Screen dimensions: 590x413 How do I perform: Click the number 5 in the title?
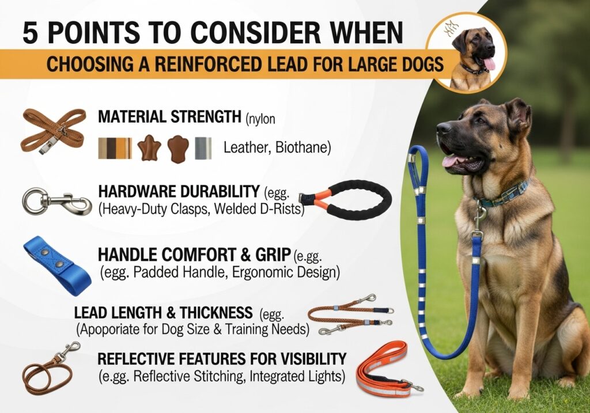tap(31, 33)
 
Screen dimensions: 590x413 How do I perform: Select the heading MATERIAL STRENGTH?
tap(169, 116)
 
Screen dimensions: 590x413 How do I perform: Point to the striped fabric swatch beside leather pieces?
tap(115, 148)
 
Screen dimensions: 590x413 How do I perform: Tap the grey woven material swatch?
tap(203, 148)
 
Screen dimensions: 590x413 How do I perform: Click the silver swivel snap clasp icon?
tap(57, 202)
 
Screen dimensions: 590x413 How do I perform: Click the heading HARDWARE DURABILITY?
tap(179, 192)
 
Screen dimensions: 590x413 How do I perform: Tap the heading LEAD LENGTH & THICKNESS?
tap(163, 313)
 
